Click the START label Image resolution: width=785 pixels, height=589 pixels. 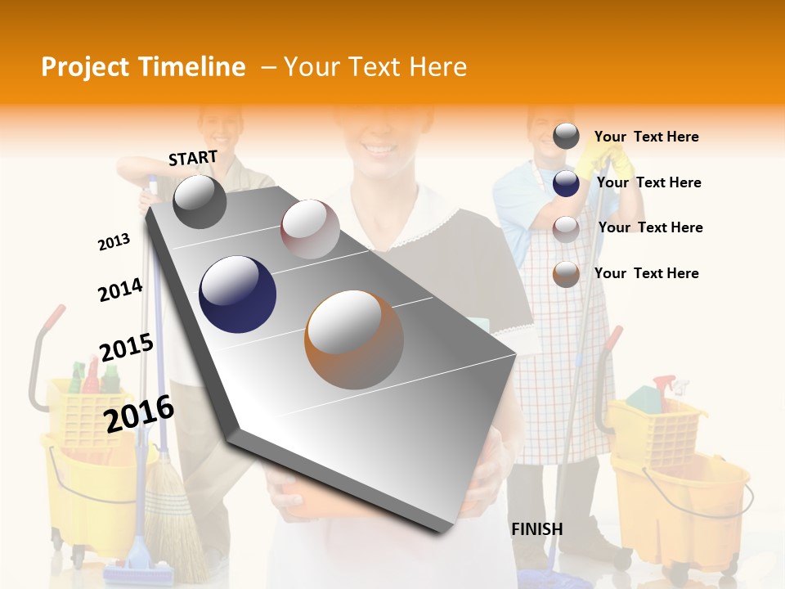pyautogui.click(x=193, y=158)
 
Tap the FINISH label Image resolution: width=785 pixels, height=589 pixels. pyautogui.click(x=537, y=529)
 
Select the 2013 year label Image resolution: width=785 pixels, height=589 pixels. pyautogui.click(x=114, y=242)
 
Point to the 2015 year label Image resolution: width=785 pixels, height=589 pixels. pyautogui.click(x=127, y=348)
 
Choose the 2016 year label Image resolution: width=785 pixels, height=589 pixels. pyautogui.click(x=140, y=413)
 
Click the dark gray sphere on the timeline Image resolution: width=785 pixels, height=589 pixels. pyautogui.click(x=200, y=201)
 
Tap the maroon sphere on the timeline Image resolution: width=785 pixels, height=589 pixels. pyautogui.click(x=310, y=229)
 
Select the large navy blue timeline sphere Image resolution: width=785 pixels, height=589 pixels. pyautogui.click(x=237, y=294)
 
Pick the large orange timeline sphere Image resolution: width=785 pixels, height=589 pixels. pyautogui.click(x=354, y=339)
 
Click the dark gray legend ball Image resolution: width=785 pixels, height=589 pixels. pyautogui.click(x=566, y=136)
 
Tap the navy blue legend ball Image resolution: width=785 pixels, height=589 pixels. pyautogui.click(x=566, y=182)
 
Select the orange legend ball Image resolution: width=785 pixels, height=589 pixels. pyautogui.click(x=566, y=273)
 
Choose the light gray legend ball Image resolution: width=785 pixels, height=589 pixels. pyautogui.click(x=566, y=228)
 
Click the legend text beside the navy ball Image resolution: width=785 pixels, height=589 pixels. pyautogui.click(x=648, y=182)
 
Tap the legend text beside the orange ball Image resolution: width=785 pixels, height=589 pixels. pyautogui.click(x=646, y=273)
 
